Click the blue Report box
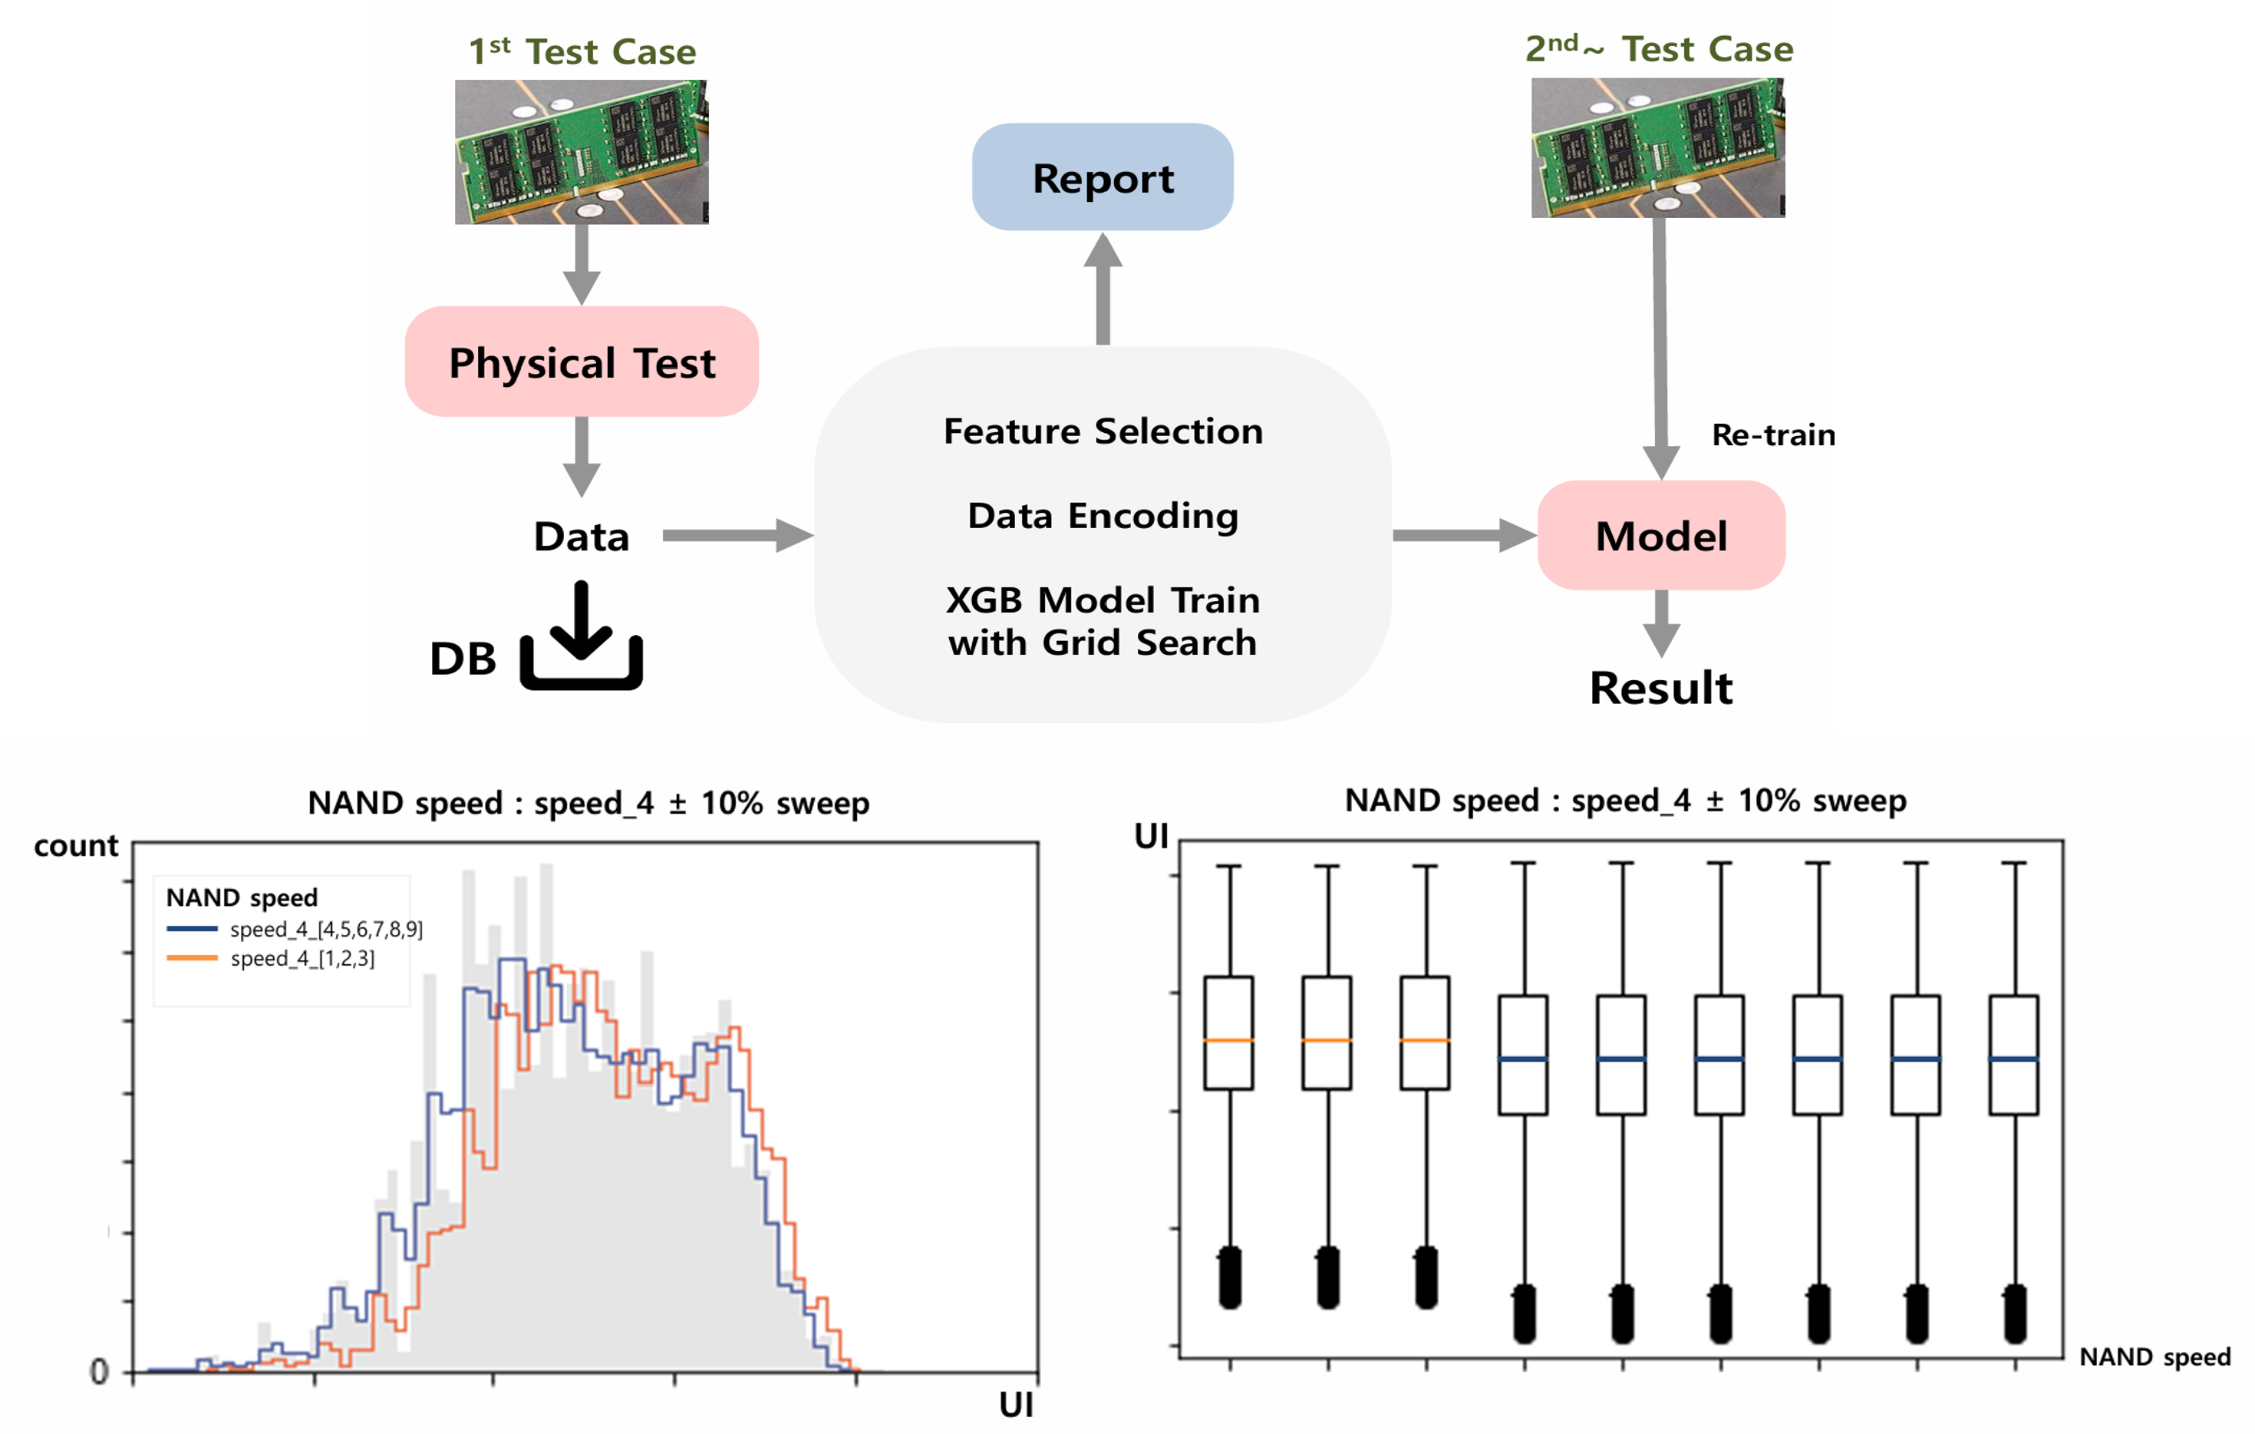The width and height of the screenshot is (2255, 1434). point(1103,177)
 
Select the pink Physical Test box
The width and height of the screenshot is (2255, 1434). point(582,362)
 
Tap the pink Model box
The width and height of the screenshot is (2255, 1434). point(1661,535)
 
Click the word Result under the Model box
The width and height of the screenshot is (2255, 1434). point(1661,689)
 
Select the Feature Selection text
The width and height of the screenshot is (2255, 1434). point(1103,431)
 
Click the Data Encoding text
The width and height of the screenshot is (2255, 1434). point(1103,516)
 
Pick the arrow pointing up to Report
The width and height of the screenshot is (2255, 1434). point(1103,289)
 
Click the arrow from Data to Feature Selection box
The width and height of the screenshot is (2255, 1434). point(738,536)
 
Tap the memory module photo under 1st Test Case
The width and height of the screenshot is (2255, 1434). point(582,152)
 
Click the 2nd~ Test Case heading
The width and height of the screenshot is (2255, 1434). point(1660,48)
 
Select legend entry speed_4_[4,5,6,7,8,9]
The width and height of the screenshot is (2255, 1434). point(295,929)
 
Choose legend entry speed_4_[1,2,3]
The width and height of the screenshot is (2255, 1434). point(271,958)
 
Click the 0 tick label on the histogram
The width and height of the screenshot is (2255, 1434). point(99,1372)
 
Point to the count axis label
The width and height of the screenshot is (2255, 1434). point(77,846)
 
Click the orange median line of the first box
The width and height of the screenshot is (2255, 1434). point(1228,1041)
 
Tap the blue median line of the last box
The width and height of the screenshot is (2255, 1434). point(2013,1059)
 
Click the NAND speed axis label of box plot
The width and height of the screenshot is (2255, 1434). point(2154,1357)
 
